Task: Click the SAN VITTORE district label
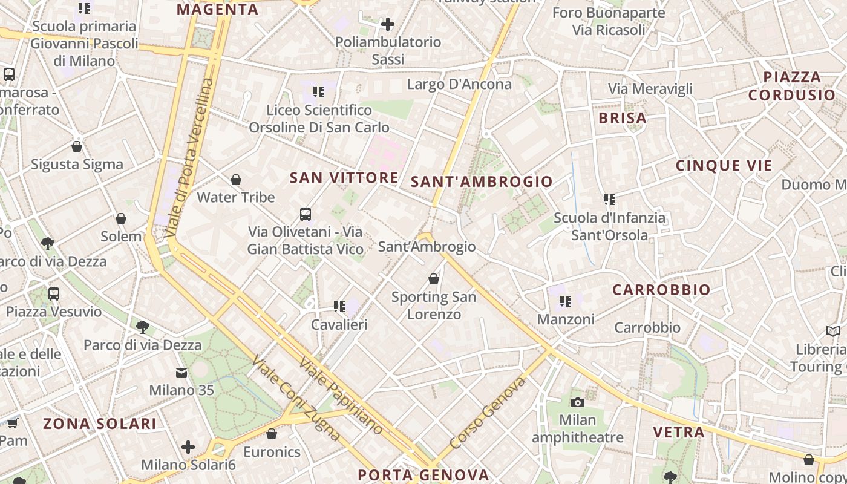(344, 178)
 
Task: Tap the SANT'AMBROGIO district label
(482, 181)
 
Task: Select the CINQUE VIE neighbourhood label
(724, 166)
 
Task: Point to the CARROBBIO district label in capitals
(661, 290)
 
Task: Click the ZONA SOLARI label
(99, 423)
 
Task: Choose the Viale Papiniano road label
(341, 396)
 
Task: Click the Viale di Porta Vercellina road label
(190, 157)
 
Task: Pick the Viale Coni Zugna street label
(295, 397)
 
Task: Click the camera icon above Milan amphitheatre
(577, 402)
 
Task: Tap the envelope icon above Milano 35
(181, 373)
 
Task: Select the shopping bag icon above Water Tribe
(236, 180)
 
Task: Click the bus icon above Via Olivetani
(306, 214)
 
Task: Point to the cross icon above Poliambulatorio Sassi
(388, 24)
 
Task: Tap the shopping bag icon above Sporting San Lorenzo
(434, 279)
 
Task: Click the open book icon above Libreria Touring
(833, 331)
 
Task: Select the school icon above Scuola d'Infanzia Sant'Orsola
(609, 199)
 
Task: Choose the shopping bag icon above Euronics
(272, 434)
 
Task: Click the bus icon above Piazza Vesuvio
(54, 294)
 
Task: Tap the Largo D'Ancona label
(459, 84)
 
